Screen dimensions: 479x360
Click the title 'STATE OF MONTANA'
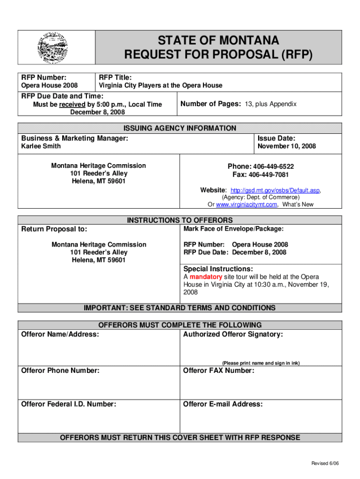coord(218,40)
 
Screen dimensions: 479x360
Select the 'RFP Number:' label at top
coord(44,77)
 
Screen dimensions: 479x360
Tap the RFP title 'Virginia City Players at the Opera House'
coord(160,85)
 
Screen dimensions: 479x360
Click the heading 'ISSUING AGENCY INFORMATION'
coord(180,128)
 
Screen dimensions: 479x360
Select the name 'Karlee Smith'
coord(41,146)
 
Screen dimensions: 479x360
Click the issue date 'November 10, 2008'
coord(287,146)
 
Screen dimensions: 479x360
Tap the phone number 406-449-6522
coord(273,167)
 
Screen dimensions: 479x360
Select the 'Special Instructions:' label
coord(218,269)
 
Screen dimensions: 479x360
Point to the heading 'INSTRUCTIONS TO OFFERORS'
coord(180,220)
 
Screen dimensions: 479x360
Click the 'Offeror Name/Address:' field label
coord(60,334)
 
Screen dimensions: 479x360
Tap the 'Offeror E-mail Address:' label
coord(223,404)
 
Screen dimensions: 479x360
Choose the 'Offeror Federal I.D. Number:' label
coord(69,404)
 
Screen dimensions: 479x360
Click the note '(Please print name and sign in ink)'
coord(260,363)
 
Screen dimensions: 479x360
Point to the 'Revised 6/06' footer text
coord(325,463)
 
